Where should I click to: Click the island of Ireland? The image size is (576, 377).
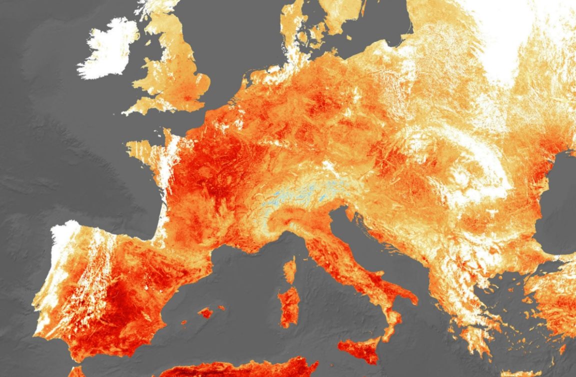tap(107, 50)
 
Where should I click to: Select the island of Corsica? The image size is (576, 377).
tap(289, 269)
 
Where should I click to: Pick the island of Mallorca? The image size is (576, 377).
tap(205, 313)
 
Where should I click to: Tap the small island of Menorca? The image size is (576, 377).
tap(221, 307)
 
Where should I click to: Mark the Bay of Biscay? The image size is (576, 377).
tap(125, 200)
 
